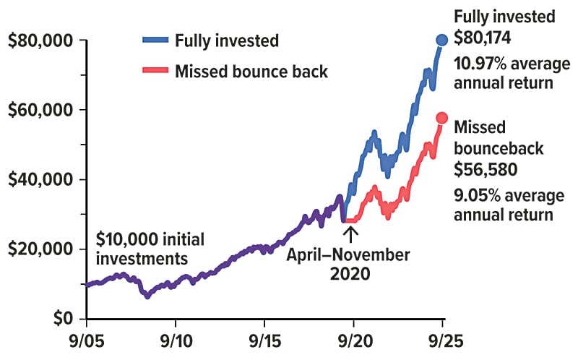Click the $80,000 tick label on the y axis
coord(41,40)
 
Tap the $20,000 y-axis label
coord(41,249)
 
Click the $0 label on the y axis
coord(66,318)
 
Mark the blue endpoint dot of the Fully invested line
coord(441,40)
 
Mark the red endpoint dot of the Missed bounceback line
coord(442,119)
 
